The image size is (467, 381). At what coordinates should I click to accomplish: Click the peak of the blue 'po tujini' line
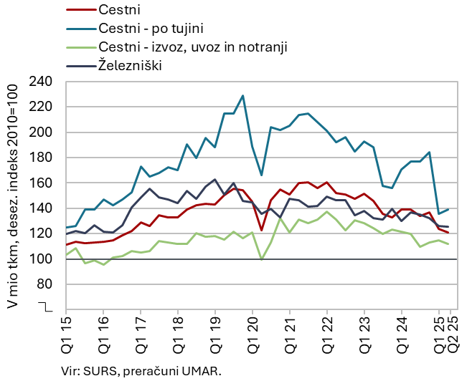[243, 95]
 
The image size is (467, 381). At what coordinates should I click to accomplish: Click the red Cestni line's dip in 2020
[262, 230]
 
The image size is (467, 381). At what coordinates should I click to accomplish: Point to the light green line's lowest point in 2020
[262, 259]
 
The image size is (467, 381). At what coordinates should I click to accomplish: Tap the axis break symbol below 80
[47, 307]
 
